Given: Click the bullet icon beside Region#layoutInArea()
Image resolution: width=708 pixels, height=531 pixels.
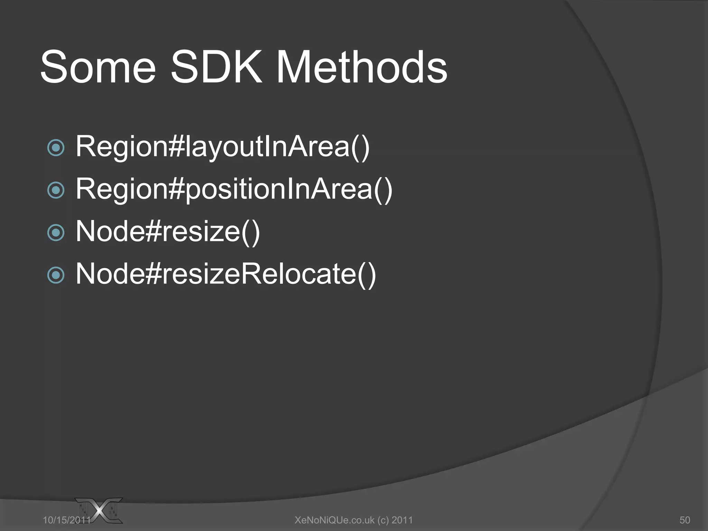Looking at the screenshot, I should point(56,148).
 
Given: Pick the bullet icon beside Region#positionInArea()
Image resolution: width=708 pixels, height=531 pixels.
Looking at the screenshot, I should point(56,190).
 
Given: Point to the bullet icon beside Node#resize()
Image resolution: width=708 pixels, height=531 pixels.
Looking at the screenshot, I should point(56,233).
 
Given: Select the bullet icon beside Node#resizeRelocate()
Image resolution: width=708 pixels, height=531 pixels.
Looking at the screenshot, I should point(56,275).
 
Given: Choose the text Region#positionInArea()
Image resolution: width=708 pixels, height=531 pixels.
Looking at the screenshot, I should point(234,189).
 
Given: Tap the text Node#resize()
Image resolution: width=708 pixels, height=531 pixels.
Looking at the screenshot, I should point(168,232).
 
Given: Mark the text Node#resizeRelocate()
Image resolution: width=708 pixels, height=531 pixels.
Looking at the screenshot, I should point(226,274).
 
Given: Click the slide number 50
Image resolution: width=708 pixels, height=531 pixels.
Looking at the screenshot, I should point(684,520).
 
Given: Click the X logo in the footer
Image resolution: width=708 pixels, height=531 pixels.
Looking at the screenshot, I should point(100,510).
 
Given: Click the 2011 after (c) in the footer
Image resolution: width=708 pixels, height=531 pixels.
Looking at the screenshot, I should point(402,520).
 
